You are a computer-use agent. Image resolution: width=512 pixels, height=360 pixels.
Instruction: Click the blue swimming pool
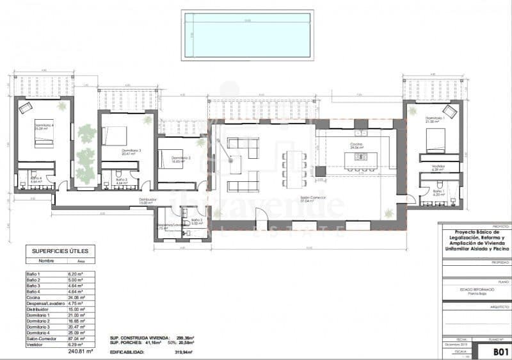246,35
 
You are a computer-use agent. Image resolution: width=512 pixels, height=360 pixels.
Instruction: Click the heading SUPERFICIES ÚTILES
60,251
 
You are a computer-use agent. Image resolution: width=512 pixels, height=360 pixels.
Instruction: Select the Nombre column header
46,261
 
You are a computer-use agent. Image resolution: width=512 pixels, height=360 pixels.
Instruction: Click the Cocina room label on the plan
357,145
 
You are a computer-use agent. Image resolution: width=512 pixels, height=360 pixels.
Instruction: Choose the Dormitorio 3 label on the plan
131,151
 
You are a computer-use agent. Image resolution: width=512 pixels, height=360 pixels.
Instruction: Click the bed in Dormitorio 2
169,156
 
